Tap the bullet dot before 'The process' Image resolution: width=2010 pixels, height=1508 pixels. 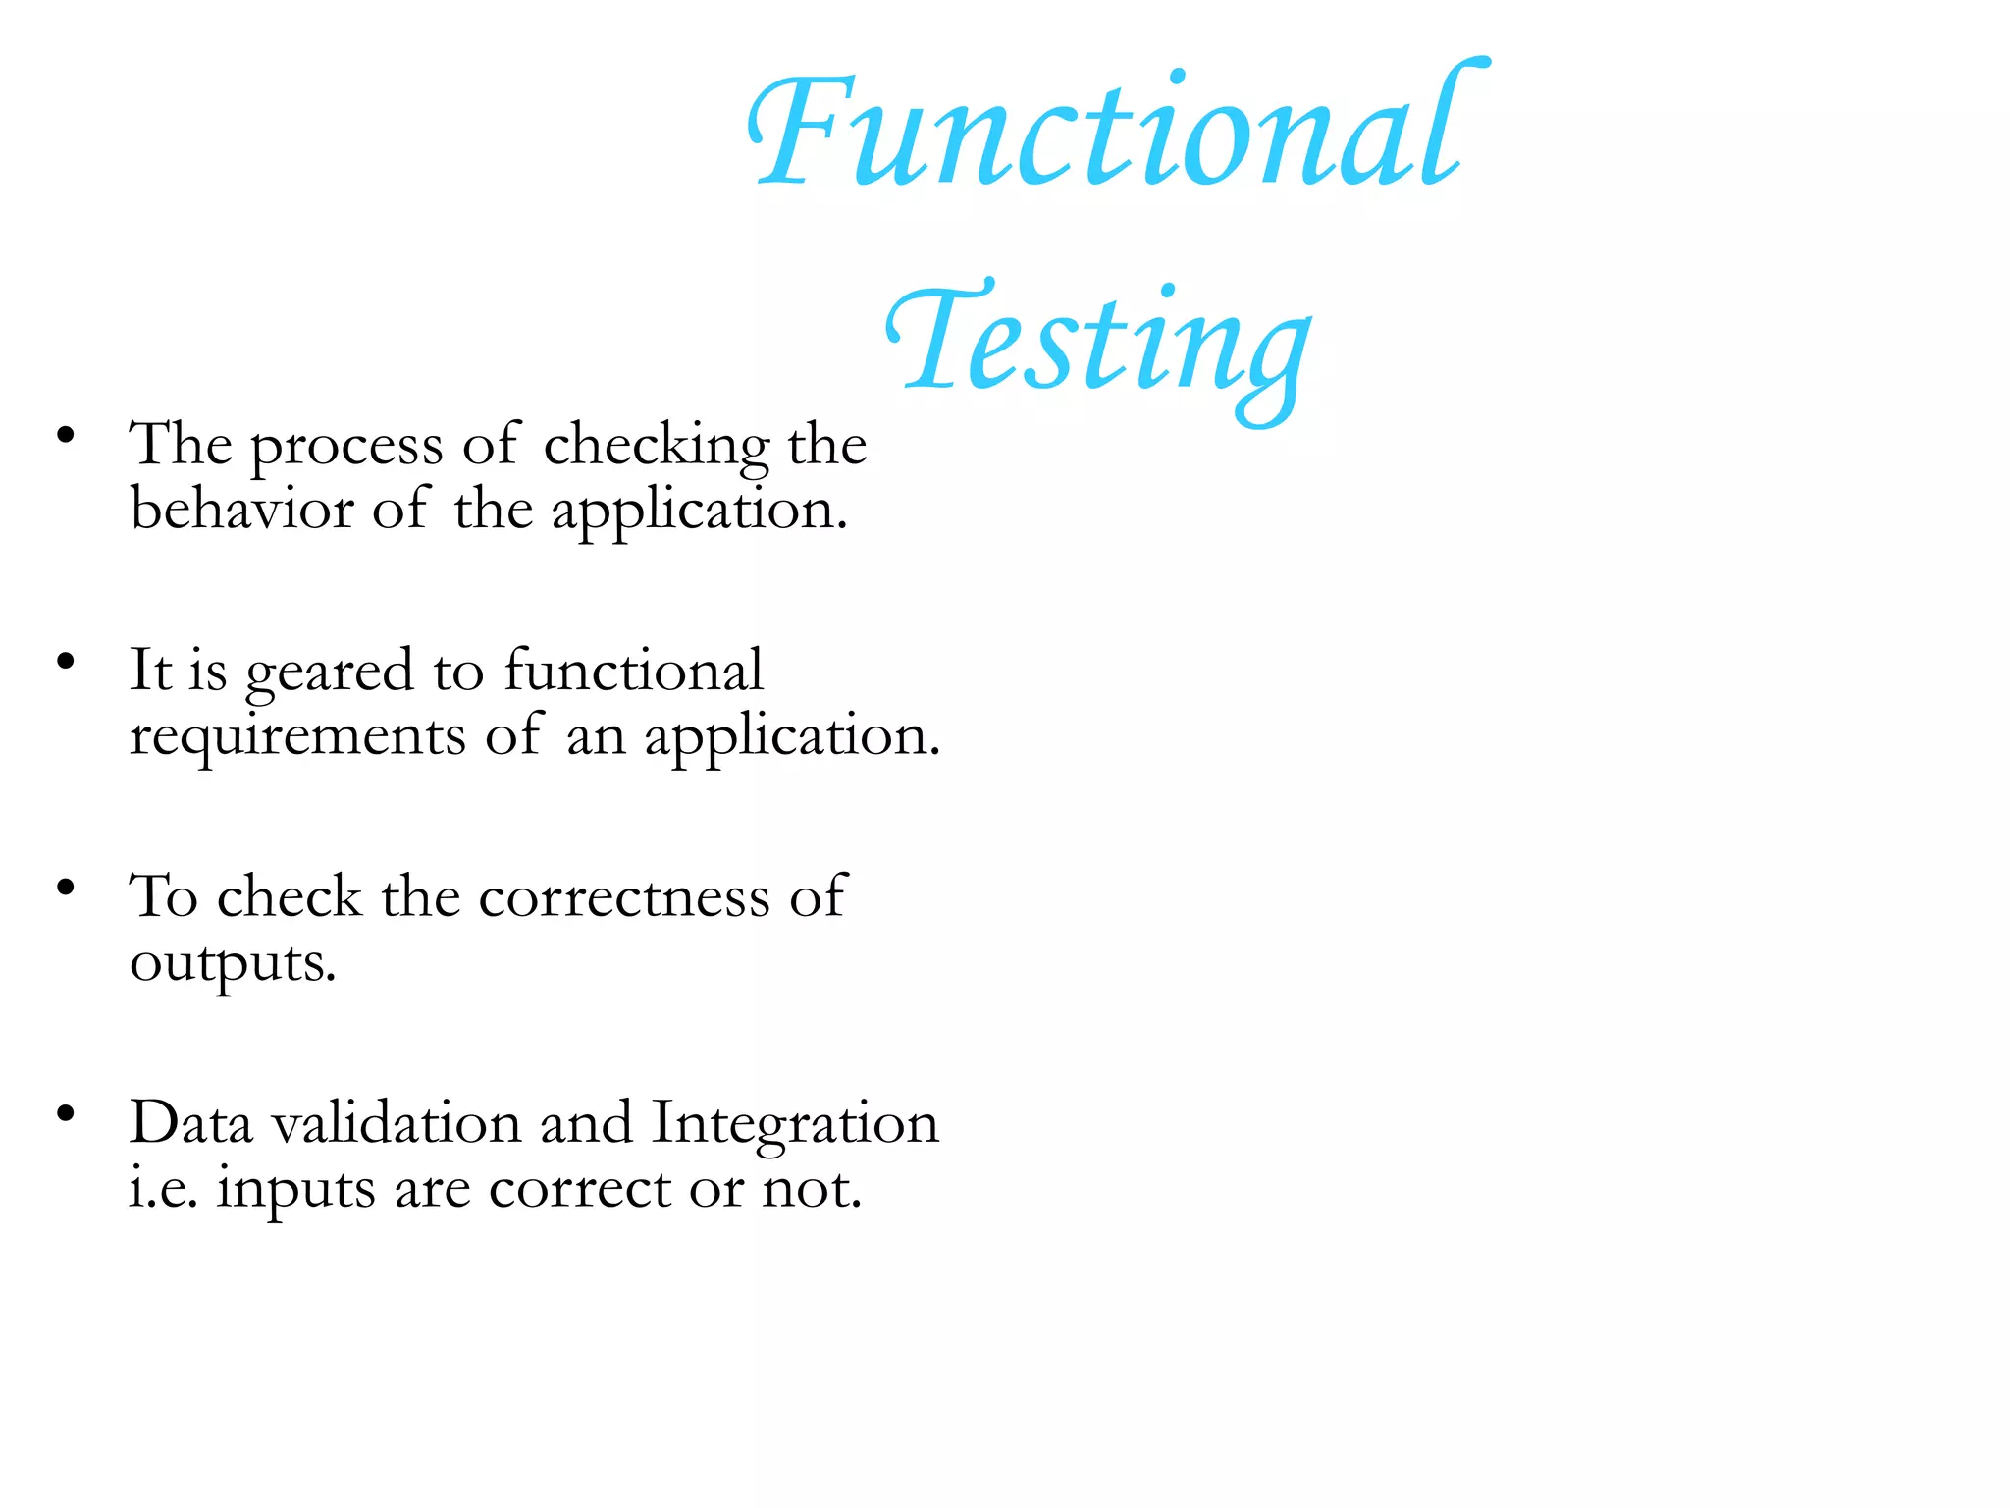[x=66, y=435]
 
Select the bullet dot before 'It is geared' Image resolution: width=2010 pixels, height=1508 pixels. [x=66, y=661]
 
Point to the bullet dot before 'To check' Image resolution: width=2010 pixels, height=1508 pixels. [x=66, y=888]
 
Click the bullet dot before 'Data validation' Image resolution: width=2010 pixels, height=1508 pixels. [x=66, y=1113]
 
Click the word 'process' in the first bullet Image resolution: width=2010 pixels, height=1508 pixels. [x=346, y=448]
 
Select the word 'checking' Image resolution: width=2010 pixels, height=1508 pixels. [x=656, y=446]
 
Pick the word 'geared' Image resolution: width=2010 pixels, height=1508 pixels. [x=329, y=673]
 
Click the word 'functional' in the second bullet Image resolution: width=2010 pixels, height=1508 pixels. [x=633, y=671]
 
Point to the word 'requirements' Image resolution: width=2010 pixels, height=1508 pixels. [x=297, y=737]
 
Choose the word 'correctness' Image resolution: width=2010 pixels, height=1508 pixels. [x=623, y=897]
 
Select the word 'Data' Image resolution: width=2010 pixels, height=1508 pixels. [x=190, y=1123]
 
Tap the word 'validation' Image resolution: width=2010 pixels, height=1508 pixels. [x=397, y=1123]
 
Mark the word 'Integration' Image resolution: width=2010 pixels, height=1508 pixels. [x=795, y=1125]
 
